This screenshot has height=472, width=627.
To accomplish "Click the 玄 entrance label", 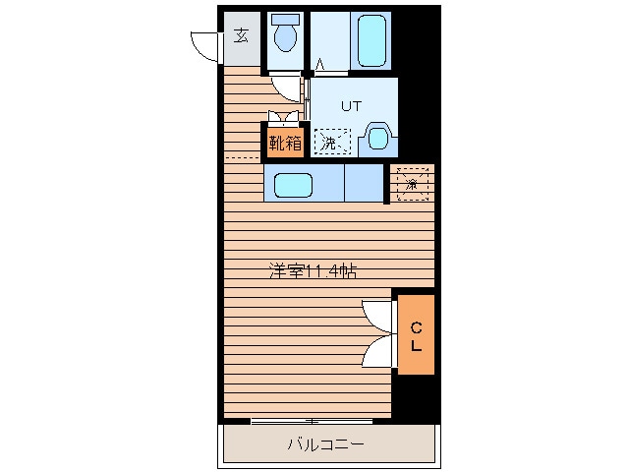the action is click(x=241, y=35).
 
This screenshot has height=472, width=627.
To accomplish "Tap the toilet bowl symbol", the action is click(x=286, y=37).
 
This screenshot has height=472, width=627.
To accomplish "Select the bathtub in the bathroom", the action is click(x=371, y=40).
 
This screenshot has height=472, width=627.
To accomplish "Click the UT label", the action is click(x=351, y=106).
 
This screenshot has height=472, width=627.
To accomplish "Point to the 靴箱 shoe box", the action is click(x=285, y=143).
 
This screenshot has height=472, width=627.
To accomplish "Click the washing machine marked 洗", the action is click(x=332, y=142).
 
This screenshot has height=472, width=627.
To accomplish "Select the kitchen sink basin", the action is click(x=293, y=185).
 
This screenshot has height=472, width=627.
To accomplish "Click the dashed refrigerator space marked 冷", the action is click(x=413, y=185).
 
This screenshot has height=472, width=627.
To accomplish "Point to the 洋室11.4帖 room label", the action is click(x=313, y=271).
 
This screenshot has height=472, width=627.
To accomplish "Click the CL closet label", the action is click(x=416, y=336).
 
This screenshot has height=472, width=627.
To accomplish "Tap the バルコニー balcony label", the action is click(x=326, y=444).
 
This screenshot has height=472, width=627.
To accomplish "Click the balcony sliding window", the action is click(x=312, y=421).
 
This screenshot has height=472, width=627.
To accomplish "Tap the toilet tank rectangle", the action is click(x=286, y=20).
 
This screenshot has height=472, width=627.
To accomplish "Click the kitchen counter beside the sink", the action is click(x=364, y=183).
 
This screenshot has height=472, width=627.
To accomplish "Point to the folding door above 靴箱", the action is click(x=283, y=116).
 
